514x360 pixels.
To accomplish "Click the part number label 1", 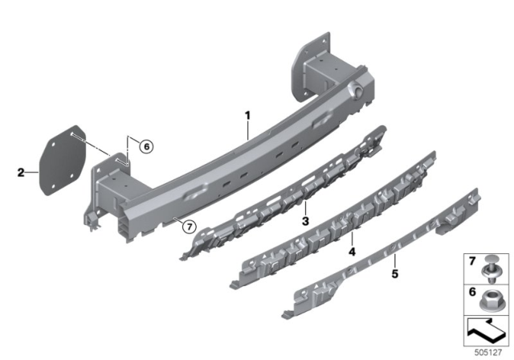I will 248,117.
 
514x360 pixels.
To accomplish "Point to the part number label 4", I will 351,252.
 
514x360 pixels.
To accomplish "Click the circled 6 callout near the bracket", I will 145,146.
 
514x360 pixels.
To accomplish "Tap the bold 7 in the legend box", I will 471,261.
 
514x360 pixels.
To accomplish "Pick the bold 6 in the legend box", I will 471,292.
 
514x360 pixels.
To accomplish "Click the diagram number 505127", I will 491,351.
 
